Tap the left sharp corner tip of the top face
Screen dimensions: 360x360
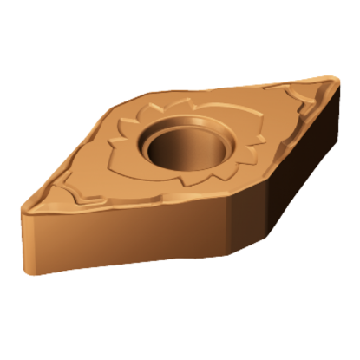pyautogui.click(x=23, y=206)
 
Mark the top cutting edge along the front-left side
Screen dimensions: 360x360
pyautogui.click(x=121, y=205)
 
